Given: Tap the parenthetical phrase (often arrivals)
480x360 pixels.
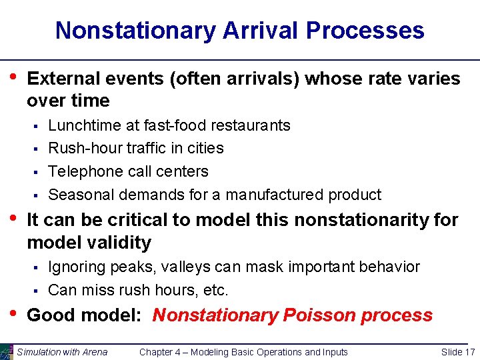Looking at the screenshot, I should (235, 79).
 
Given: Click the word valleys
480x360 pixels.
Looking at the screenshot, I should (195, 267).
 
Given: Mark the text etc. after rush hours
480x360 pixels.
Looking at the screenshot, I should (216, 290).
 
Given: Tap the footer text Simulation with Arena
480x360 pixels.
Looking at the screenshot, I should (62, 352).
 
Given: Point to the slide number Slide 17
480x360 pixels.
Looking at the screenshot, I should (458, 352).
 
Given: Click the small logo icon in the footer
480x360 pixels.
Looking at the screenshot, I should (7, 352).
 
